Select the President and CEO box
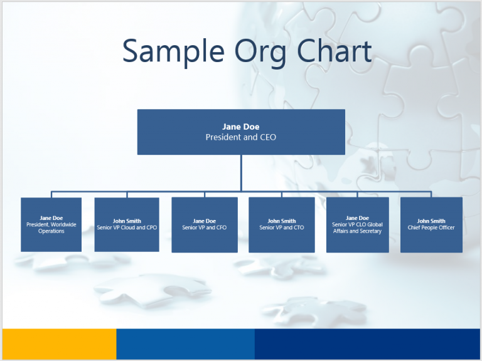click(241, 132)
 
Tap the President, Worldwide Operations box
click(51, 224)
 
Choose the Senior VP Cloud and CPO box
click(127, 224)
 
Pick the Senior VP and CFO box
click(205, 224)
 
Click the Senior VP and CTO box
click(282, 224)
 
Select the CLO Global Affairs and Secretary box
click(358, 224)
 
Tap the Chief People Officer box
click(431, 224)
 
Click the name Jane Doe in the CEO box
click(241, 127)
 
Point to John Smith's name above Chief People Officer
click(431, 221)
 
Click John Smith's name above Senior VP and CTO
click(282, 221)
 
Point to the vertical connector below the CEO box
click(241, 172)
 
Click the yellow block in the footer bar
click(59, 343)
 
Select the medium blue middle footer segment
click(185, 343)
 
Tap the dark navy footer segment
click(367, 343)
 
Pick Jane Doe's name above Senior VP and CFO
click(205, 221)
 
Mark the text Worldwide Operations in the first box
click(51, 228)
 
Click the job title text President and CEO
click(241, 137)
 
